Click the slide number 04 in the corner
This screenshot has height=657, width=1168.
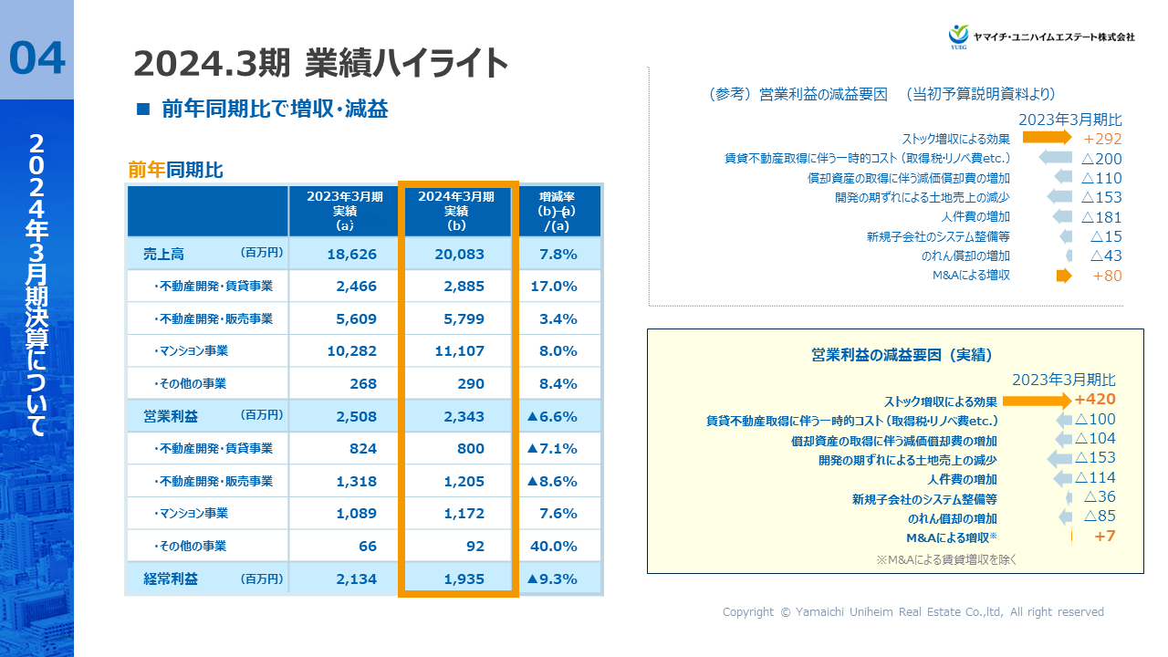click(37, 58)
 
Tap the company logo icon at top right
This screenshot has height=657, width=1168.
click(958, 36)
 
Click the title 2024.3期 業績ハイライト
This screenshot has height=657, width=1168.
click(320, 64)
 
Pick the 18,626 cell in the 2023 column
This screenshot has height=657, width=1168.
click(344, 255)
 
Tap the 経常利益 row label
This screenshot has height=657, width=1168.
click(171, 579)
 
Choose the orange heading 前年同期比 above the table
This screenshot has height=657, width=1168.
click(175, 170)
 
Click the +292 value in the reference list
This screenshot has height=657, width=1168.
click(1102, 140)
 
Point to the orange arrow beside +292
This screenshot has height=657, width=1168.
click(1046, 138)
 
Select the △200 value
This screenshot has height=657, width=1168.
click(1100, 159)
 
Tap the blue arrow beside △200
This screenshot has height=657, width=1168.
click(1055, 158)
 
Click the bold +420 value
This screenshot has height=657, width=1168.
click(1095, 400)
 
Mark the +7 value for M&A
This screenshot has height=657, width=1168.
click(1104, 537)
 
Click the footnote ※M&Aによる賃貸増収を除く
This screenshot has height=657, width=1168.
click(945, 559)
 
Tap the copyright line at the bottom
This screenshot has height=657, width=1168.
click(912, 612)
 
